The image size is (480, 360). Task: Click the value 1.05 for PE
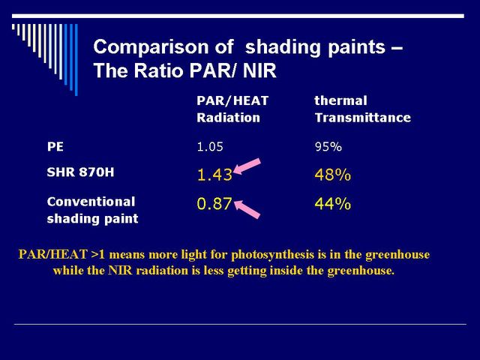tap(210, 147)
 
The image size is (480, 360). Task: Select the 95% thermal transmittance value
tap(328, 147)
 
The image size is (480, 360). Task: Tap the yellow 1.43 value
tap(214, 175)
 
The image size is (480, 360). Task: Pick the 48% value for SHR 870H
tap(333, 175)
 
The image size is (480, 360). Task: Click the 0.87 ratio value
tap(214, 204)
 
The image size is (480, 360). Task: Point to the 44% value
tap(333, 204)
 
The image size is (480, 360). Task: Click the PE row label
tap(55, 147)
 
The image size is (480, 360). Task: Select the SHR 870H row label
tap(80, 172)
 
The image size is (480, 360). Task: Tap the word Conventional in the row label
tap(91, 202)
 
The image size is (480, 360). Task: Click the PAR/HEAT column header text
tap(232, 100)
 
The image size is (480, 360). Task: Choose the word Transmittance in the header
tap(363, 118)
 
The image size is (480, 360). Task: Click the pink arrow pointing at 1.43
tap(247, 166)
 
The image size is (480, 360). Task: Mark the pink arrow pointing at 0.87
tap(247, 209)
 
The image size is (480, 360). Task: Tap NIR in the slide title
tap(259, 70)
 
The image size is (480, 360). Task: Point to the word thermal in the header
tap(340, 100)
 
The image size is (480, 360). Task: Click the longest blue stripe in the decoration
tap(76, 60)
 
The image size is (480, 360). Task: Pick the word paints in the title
tap(356, 47)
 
